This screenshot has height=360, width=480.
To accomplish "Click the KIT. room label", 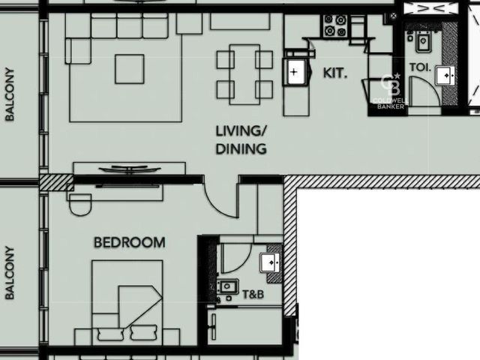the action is pos(335,73).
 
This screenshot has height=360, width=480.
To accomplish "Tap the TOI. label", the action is pos(420,67).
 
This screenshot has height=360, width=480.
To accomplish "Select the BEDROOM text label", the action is pos(130,242).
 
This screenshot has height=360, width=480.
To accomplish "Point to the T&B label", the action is pos(253,295).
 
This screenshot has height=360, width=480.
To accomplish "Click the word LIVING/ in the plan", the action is pos(241,131).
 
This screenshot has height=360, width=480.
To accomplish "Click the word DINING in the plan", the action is pos(241,149).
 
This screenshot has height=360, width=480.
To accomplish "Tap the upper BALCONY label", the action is pos(10,94).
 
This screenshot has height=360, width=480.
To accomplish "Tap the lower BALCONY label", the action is pos(10,273).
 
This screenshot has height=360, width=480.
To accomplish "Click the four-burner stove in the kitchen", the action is pos(335,25).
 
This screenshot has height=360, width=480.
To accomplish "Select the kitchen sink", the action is pos(296,72).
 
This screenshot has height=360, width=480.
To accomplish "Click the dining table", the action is pos(244,74).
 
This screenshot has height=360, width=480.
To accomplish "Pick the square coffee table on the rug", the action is pos(130,69).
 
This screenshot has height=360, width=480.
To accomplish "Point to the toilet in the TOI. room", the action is pos(421,41).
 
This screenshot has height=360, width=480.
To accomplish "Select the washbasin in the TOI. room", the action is pos(445,75).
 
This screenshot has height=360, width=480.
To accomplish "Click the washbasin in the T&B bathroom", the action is pos(270,262).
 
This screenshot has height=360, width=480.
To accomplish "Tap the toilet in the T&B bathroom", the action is pos(226,287).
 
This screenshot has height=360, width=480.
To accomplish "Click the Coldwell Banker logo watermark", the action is pos(390,91).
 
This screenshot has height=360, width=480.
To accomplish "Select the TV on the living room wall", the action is pos(130,169).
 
